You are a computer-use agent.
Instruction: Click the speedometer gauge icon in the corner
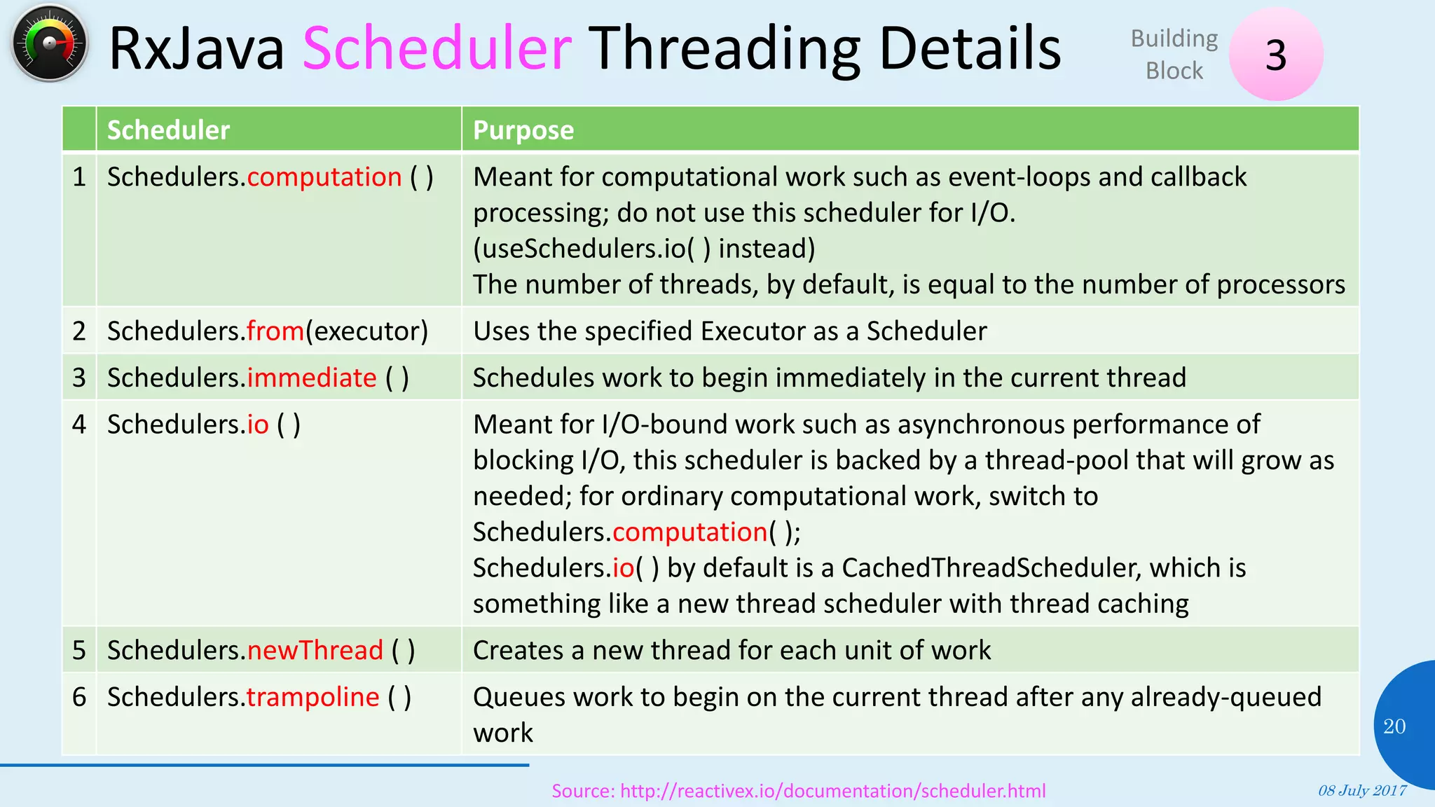tap(49, 43)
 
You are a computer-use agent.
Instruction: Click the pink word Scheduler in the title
tap(437, 48)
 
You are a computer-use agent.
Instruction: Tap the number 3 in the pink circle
tap(1276, 55)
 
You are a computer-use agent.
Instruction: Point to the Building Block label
tap(1174, 55)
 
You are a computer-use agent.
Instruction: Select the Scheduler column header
tap(168, 130)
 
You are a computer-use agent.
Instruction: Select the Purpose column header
tap(523, 130)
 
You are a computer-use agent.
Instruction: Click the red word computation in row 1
tap(324, 177)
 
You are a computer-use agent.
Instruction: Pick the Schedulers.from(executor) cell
tap(267, 331)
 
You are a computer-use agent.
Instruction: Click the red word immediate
tap(312, 378)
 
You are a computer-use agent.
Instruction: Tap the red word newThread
tap(315, 651)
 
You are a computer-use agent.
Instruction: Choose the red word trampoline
tap(313, 698)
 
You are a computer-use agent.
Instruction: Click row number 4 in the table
tap(79, 425)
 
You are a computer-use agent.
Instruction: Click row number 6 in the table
tap(79, 698)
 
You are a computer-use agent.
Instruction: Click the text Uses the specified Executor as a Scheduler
tap(729, 331)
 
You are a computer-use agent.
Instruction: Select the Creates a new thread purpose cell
tap(732, 651)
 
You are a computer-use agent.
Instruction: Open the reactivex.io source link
tap(798, 791)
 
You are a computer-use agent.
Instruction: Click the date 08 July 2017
tap(1361, 791)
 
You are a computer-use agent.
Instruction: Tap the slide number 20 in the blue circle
tap(1394, 726)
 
